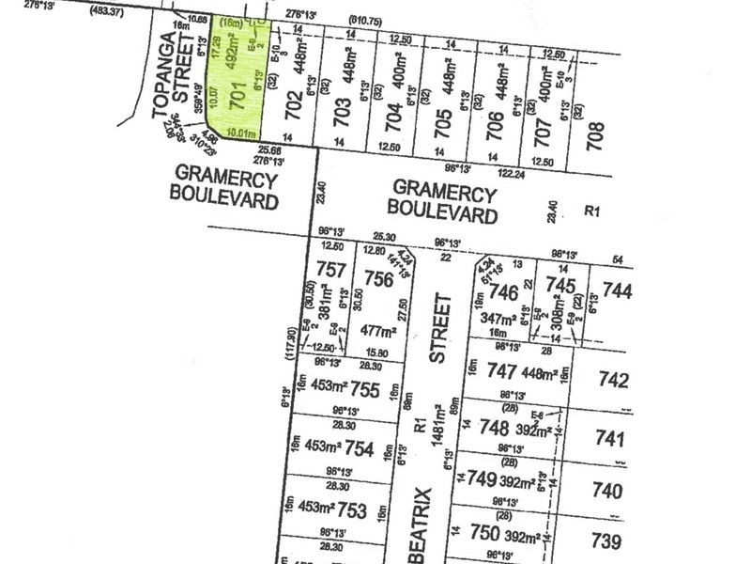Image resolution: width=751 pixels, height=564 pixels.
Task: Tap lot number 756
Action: coord(378,279)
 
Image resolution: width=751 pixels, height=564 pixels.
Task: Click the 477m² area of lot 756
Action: coord(375,330)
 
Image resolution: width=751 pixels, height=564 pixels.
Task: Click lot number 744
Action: coord(617,292)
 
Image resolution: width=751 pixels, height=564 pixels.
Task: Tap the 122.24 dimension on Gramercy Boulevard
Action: coord(511,173)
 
